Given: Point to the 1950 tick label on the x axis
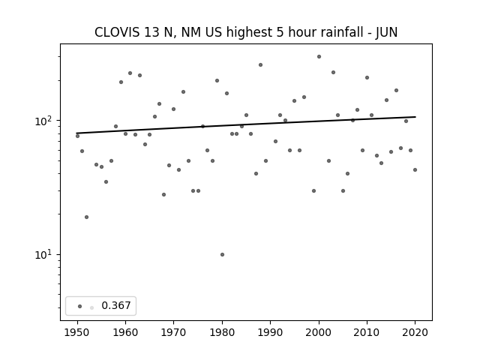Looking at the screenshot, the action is [x=77, y=332].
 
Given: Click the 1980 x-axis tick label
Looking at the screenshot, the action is [x=222, y=332].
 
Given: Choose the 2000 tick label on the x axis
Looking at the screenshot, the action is [x=319, y=332].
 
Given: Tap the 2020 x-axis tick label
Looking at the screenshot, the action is [x=415, y=332].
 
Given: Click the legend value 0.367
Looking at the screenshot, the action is [x=116, y=305].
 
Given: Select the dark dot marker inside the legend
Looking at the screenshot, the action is [x=80, y=306].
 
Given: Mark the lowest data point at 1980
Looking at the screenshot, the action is [x=222, y=255].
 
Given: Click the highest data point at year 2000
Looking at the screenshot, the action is [x=319, y=57].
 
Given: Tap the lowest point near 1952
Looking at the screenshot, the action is [x=87, y=217].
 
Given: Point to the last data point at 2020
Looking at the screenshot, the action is [x=415, y=170].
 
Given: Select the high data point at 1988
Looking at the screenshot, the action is [x=260, y=65].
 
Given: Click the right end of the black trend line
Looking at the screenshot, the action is [x=415, y=117].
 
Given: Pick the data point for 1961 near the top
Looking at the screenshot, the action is [x=130, y=73].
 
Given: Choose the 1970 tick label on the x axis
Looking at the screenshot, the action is [x=174, y=332].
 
